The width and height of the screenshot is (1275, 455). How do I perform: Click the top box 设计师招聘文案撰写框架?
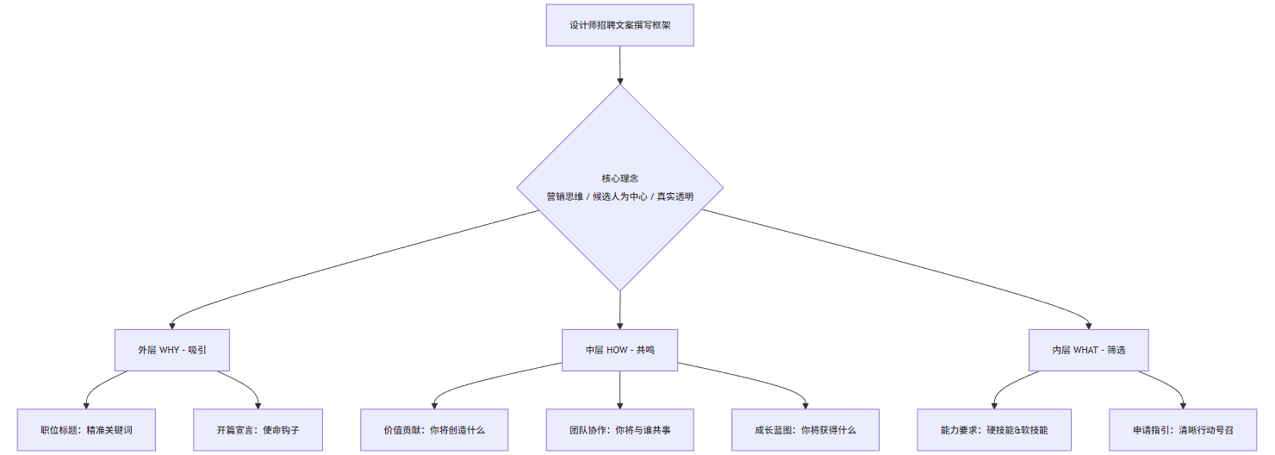[619, 25]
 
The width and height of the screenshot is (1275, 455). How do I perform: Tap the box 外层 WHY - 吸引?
[172, 350]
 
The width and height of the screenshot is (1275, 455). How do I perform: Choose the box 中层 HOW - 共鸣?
[619, 350]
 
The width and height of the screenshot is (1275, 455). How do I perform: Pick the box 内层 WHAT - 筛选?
[1088, 350]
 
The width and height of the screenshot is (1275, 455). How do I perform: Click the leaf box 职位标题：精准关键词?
[86, 429]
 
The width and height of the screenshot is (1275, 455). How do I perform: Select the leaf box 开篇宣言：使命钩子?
[258, 429]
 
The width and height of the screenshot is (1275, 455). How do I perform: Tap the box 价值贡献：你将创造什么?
[434, 429]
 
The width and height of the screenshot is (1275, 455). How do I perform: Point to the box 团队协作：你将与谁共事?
[619, 429]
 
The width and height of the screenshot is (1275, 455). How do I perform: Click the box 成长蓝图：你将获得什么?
[805, 429]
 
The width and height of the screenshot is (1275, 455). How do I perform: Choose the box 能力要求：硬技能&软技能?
[994, 429]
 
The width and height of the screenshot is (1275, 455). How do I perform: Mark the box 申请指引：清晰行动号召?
[1183, 429]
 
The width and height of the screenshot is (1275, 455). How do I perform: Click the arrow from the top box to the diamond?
[619, 65]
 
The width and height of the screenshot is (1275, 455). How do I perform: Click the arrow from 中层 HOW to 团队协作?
[619, 390]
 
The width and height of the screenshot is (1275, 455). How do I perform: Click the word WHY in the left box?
[169, 350]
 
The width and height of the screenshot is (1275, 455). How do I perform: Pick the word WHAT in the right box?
[1087, 350]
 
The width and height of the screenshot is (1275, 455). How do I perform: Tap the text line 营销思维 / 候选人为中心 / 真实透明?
[619, 196]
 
